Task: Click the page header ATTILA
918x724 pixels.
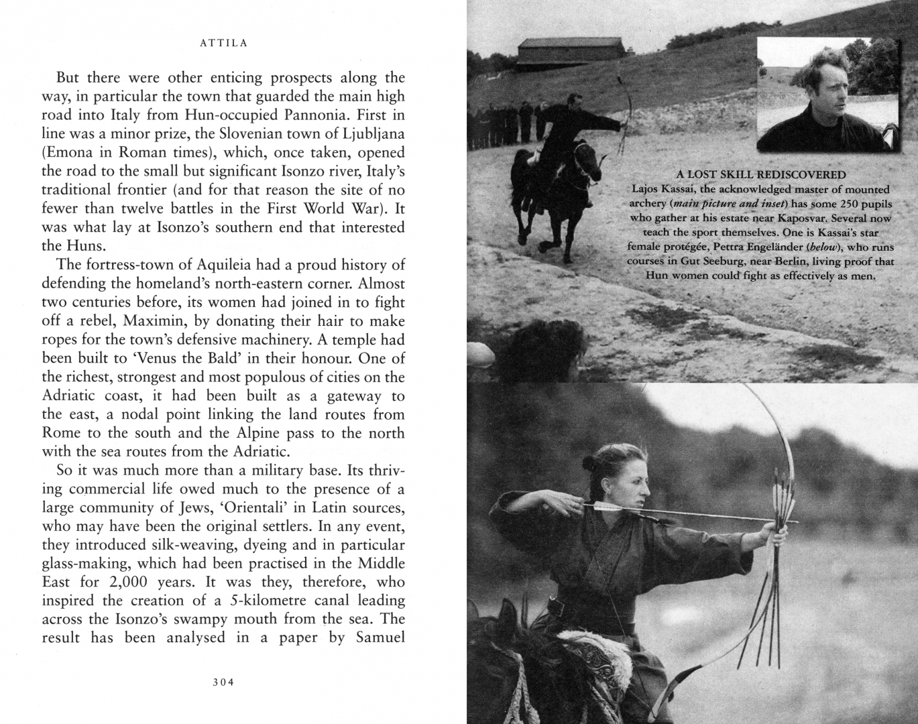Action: pos(224,44)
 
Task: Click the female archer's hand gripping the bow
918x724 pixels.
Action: pos(779,534)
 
